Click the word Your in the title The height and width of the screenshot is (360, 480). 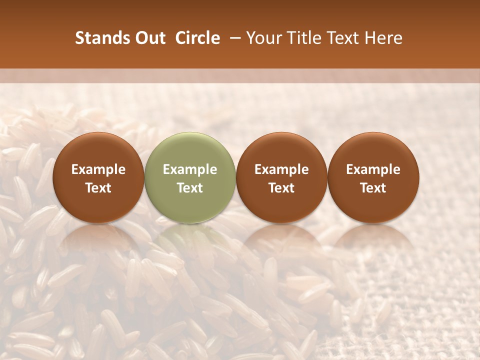tap(261, 38)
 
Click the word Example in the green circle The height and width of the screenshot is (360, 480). tap(190, 169)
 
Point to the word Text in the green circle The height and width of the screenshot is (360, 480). tap(190, 188)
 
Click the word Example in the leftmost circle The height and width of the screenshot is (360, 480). tap(98, 169)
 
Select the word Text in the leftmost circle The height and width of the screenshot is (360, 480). tap(98, 188)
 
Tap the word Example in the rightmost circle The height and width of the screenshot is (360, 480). tap(373, 169)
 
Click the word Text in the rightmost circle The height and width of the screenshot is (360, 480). tap(373, 188)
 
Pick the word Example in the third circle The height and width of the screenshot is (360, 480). tap(281, 169)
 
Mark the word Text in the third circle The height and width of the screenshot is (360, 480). tap(281, 188)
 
